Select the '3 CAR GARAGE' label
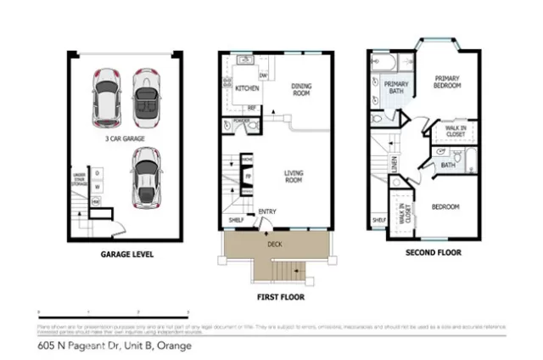123,137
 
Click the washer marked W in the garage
98,187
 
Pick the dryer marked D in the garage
98,173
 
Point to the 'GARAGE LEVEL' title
127,253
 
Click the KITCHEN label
246,87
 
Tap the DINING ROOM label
301,89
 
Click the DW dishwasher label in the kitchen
264,76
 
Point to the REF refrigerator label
252,108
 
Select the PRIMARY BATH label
397,87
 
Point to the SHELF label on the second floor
378,219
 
